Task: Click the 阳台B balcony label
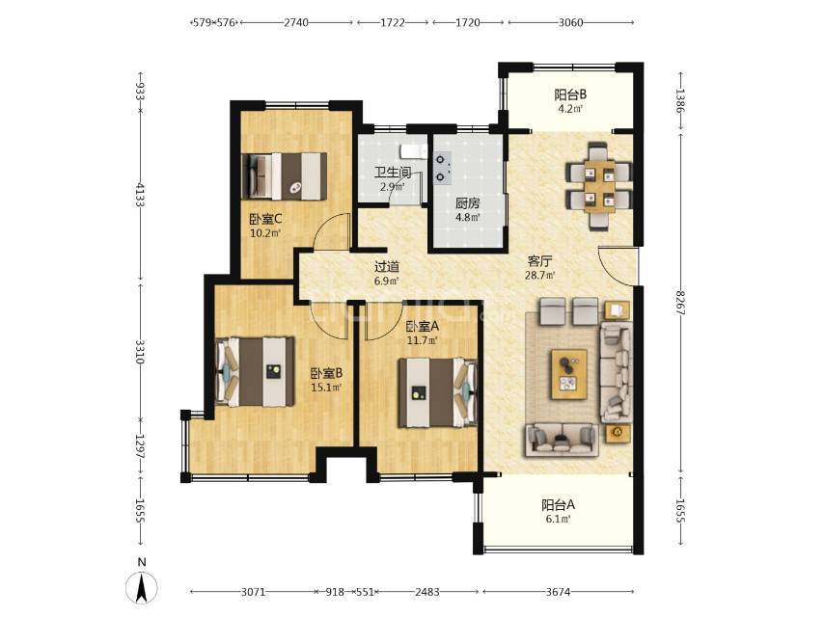(x=570, y=95)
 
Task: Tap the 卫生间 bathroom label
(x=393, y=173)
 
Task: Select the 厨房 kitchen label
(x=467, y=202)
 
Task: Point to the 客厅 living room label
(x=539, y=261)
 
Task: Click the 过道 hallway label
(x=387, y=267)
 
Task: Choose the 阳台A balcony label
(x=558, y=505)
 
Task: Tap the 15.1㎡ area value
(x=327, y=389)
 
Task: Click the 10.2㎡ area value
(x=265, y=233)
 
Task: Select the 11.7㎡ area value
(x=423, y=340)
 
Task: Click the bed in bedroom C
(x=285, y=176)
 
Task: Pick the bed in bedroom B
(x=256, y=372)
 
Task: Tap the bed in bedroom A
(x=438, y=392)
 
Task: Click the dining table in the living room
(x=599, y=186)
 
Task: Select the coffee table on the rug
(x=568, y=374)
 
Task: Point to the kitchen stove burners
(x=443, y=168)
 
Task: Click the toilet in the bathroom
(x=414, y=151)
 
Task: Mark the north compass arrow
(x=142, y=587)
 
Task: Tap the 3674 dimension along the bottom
(x=558, y=592)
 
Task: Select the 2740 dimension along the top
(x=296, y=22)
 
